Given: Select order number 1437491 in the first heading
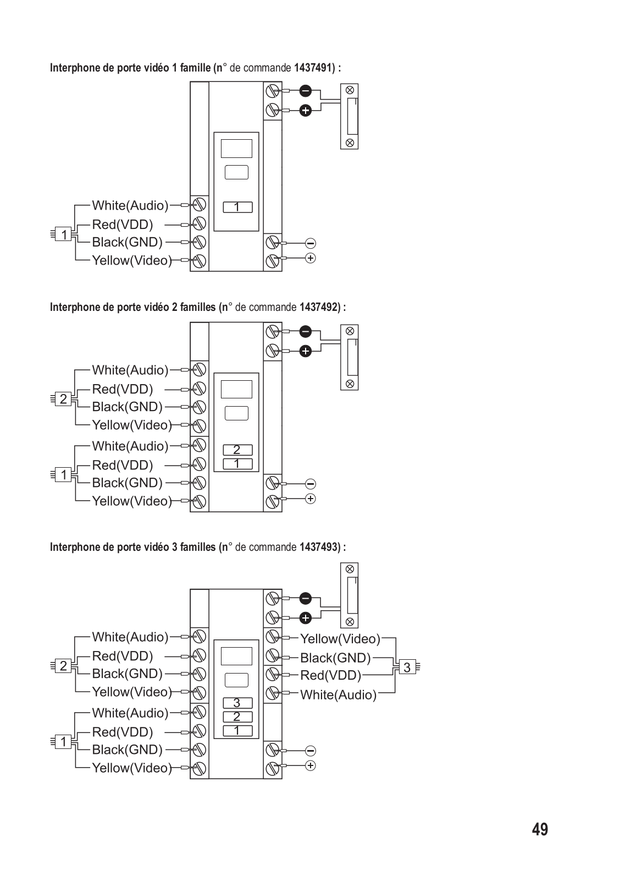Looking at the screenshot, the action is [x=312, y=68].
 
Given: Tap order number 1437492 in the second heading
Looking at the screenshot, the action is [x=318, y=307].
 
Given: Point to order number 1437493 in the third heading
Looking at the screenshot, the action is [x=318, y=546].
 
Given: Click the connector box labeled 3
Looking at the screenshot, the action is [x=407, y=667].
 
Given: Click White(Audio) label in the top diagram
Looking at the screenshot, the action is [x=130, y=205].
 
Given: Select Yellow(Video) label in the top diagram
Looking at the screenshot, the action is [x=132, y=260].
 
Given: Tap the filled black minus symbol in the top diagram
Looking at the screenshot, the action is [x=305, y=91].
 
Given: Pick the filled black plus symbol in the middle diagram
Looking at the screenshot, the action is [x=305, y=351].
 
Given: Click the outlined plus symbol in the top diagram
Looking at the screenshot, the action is [x=311, y=258].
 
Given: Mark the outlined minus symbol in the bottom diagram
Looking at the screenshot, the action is [x=311, y=751].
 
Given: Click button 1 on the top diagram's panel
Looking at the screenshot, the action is [x=237, y=207].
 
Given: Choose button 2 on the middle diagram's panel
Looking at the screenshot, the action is [x=237, y=450].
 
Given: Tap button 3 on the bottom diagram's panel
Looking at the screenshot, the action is [x=237, y=703].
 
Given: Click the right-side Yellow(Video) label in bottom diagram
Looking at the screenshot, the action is [x=340, y=639].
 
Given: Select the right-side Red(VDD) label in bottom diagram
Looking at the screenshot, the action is [x=330, y=675].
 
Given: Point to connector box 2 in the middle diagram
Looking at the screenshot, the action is [x=63, y=399].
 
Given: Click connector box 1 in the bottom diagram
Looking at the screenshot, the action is [x=63, y=742].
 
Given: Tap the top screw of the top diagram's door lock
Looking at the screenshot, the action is [x=349, y=90].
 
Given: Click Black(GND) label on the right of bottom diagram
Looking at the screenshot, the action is [x=335, y=658].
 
